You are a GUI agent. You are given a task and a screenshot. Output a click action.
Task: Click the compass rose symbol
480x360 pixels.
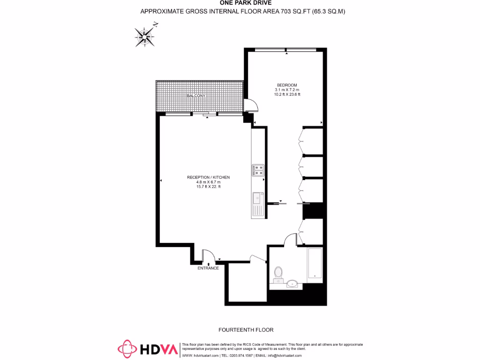tap(146, 36)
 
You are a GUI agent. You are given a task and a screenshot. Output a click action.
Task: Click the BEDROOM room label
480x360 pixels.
tap(286, 85)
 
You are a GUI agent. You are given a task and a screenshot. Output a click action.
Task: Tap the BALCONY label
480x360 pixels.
tap(196, 96)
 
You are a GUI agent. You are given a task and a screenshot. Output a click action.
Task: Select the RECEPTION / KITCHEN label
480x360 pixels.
tap(208, 177)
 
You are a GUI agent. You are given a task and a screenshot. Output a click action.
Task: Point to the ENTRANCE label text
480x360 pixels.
tap(208, 268)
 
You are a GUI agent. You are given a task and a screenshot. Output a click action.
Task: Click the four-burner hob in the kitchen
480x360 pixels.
tap(258, 170)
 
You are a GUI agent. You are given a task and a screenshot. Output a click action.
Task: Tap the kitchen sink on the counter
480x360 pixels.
tap(257, 199)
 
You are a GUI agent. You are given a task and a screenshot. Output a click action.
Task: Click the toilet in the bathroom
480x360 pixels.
tap(278, 273)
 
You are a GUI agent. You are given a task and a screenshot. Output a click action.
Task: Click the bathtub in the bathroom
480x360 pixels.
tap(315, 265)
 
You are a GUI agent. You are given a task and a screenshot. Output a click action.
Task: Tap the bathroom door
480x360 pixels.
tap(291, 239)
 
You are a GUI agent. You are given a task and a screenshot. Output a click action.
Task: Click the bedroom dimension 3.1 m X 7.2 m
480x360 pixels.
tap(287, 90)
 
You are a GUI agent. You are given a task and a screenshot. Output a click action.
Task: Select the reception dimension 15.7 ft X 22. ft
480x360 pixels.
tap(208, 187)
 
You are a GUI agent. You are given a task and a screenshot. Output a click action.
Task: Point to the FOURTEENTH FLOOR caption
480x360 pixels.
tap(247, 330)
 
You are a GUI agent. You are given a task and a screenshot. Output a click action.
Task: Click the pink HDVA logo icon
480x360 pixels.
tap(127, 349)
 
